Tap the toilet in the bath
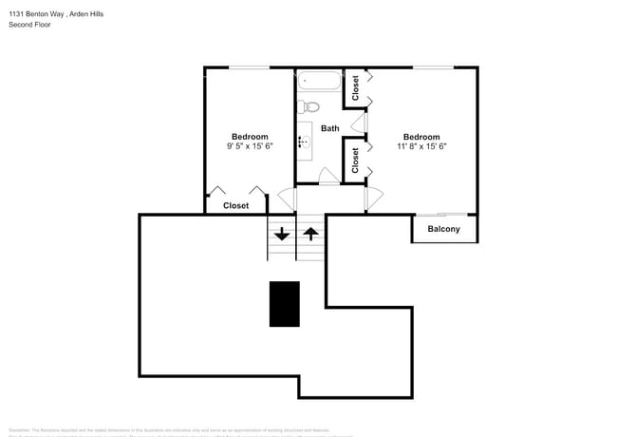pyautogui.click(x=309, y=106)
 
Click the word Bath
pyautogui.click(x=329, y=128)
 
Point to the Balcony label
pyautogui.click(x=443, y=229)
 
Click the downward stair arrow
pyautogui.click(x=282, y=233)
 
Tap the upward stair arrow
pyautogui.click(x=310, y=233)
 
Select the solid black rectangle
pyautogui.click(x=284, y=304)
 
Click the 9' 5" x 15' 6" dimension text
pyautogui.click(x=249, y=146)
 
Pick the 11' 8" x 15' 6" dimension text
pyautogui.click(x=421, y=146)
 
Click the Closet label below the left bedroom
pyautogui.click(x=235, y=205)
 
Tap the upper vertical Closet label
pyautogui.click(x=355, y=88)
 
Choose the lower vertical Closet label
pyautogui.click(x=355, y=160)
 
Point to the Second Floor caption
pyautogui.click(x=29, y=25)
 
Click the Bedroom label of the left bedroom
pyautogui.click(x=250, y=136)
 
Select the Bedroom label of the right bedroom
pyautogui.click(x=421, y=136)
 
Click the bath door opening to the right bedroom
pyautogui.click(x=359, y=123)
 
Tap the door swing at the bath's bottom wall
pyautogui.click(x=327, y=176)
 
